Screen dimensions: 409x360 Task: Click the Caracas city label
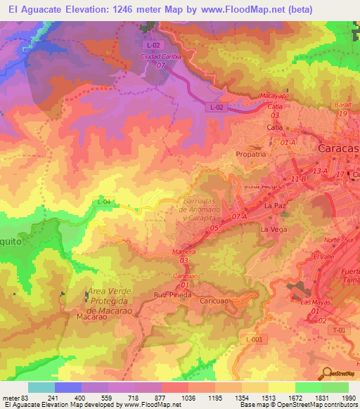pyautogui.click(x=338, y=149)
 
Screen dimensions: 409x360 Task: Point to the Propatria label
pyautogui.click(x=251, y=154)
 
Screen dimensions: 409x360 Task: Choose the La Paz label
pyautogui.click(x=274, y=207)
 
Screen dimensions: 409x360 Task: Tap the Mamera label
pyautogui.click(x=183, y=251)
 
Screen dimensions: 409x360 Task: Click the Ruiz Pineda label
pyautogui.click(x=169, y=295)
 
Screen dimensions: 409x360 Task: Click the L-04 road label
pyautogui.click(x=104, y=202)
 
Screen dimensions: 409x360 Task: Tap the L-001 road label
pyautogui.click(x=254, y=339)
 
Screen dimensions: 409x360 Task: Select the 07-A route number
pyautogui.click(x=239, y=217)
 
